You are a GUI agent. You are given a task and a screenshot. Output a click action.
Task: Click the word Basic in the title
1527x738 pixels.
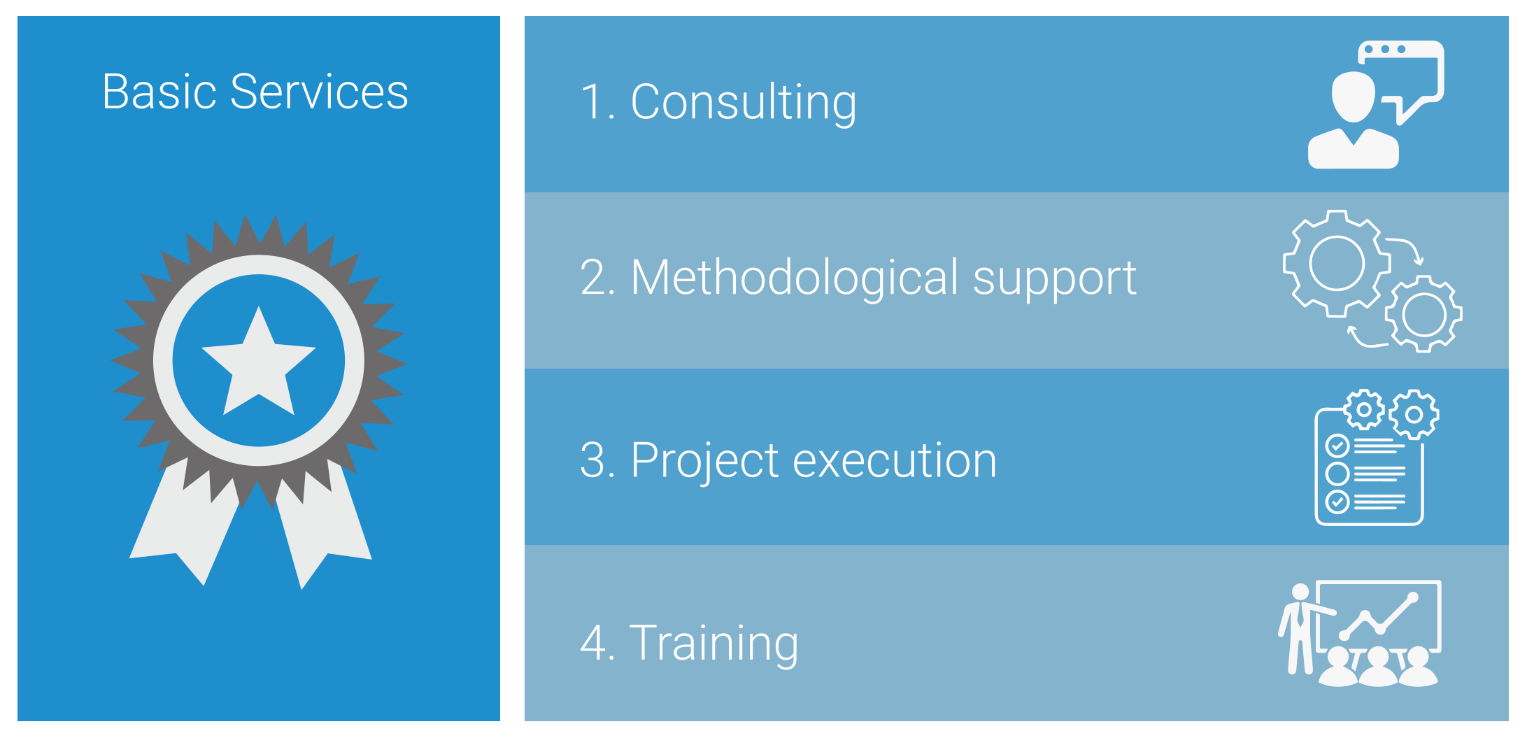[159, 92]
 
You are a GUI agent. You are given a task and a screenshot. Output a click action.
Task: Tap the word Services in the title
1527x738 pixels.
[319, 92]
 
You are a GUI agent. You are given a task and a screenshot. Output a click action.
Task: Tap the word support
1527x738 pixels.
[1055, 280]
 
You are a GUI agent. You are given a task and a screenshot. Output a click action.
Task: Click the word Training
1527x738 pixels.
[714, 643]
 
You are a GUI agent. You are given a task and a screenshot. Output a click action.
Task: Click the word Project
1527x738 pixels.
[705, 462]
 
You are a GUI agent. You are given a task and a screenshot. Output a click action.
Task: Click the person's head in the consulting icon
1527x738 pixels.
[1354, 97]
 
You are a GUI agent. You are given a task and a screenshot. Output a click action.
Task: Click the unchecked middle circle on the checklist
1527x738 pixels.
[1337, 474]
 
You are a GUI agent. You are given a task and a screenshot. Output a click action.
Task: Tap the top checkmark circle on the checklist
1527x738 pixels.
[1337, 445]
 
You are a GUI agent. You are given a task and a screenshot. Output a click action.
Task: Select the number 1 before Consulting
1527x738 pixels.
[592, 102]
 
